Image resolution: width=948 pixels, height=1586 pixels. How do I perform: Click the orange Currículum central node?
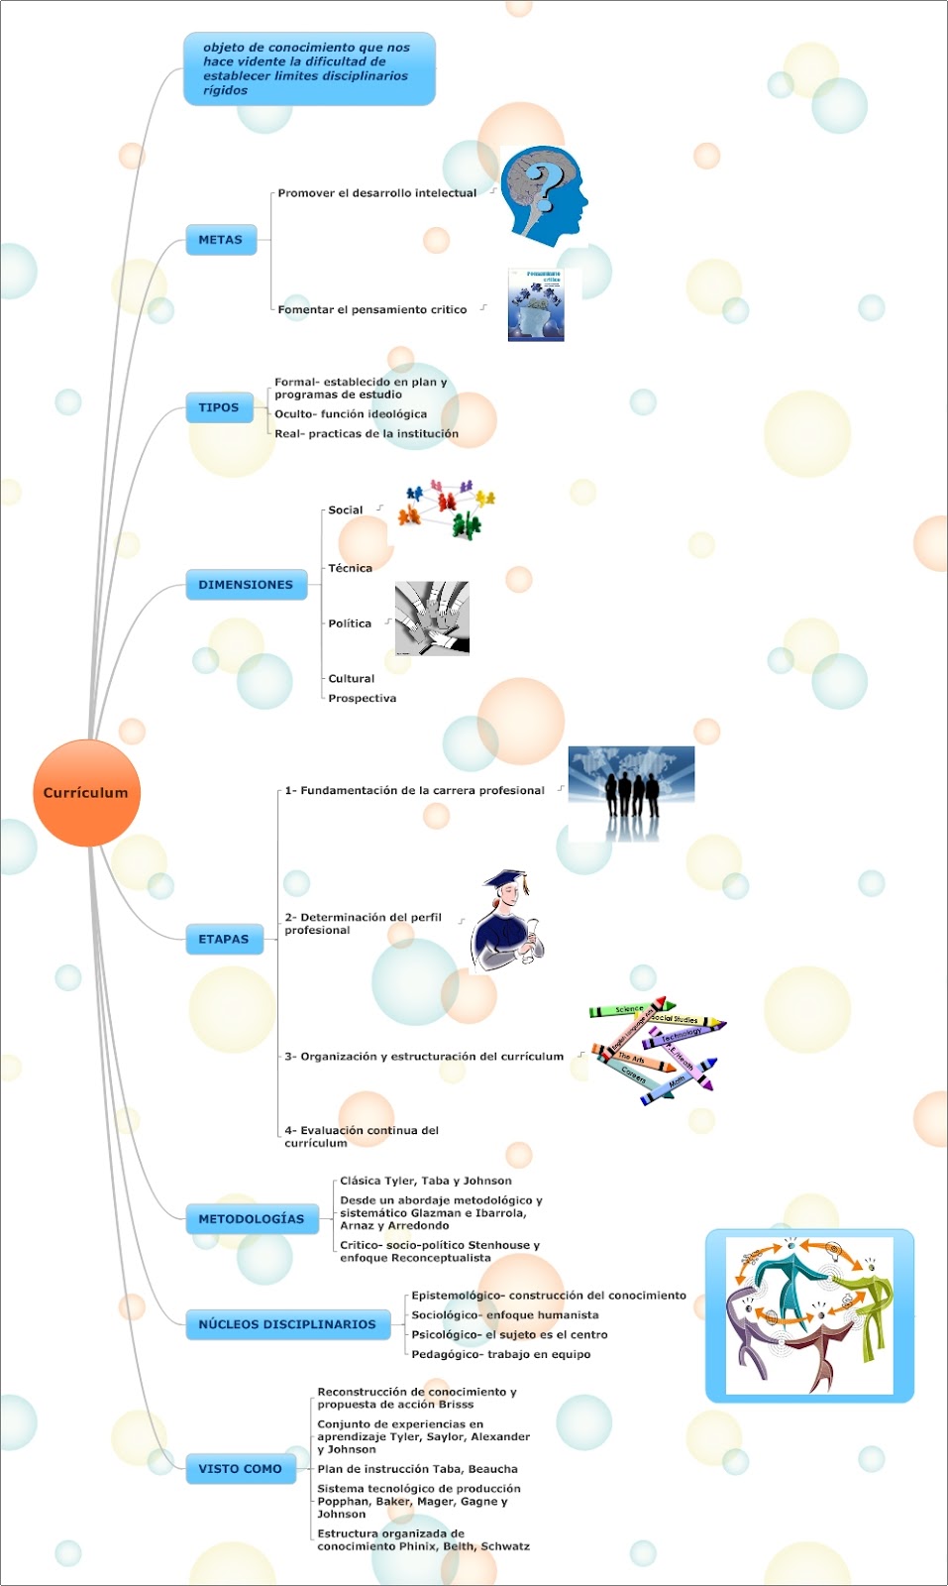(x=86, y=793)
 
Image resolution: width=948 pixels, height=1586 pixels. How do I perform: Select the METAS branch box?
(x=220, y=240)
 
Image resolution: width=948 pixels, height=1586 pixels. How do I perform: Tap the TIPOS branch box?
(x=218, y=407)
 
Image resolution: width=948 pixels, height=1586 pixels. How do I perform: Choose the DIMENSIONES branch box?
(x=246, y=585)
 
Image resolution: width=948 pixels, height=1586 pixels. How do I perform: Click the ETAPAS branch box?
(x=224, y=939)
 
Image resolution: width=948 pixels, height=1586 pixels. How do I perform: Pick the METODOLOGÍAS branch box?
(x=251, y=1219)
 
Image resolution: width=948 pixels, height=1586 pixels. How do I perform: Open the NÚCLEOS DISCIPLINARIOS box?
(x=287, y=1324)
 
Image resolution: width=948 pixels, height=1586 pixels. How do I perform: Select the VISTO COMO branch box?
(x=240, y=1469)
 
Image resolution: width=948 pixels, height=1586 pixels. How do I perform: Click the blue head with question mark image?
(x=543, y=196)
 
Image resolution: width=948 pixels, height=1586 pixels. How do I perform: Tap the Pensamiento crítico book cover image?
(x=537, y=305)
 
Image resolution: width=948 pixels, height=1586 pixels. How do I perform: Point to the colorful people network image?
(x=447, y=509)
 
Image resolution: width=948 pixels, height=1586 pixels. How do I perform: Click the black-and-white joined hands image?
(x=432, y=619)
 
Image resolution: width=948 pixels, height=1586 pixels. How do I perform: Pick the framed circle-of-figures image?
(x=809, y=1315)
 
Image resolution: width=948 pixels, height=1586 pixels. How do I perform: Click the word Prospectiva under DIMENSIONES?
(x=363, y=699)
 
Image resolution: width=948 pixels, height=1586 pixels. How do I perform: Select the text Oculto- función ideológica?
(x=351, y=414)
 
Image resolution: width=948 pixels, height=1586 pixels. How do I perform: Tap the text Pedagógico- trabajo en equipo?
(x=500, y=1354)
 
